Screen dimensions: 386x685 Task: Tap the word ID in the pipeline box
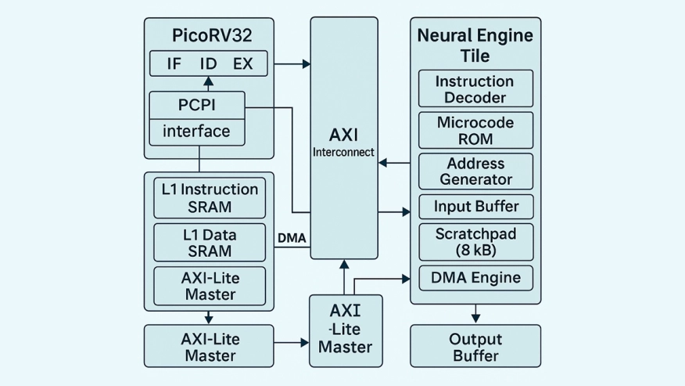pyautogui.click(x=209, y=64)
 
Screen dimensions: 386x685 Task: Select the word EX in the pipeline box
pyautogui.click(x=243, y=64)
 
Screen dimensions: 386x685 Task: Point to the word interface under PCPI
pyautogui.click(x=196, y=132)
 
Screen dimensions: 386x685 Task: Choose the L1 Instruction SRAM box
pyautogui.click(x=209, y=197)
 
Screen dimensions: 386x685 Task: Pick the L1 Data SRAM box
pyautogui.click(x=209, y=243)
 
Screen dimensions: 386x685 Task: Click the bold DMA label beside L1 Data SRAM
pyautogui.click(x=292, y=237)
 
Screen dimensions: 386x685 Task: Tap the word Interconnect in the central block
pyautogui.click(x=343, y=152)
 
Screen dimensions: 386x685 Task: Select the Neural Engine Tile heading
pyautogui.click(x=475, y=45)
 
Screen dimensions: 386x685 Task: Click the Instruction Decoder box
pyautogui.click(x=475, y=89)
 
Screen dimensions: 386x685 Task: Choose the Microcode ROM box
pyautogui.click(x=475, y=131)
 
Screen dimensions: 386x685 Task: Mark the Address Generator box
pyautogui.click(x=475, y=171)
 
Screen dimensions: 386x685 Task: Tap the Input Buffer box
pyautogui.click(x=475, y=207)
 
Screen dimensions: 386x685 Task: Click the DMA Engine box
pyautogui.click(x=475, y=277)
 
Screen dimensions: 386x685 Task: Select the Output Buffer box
pyautogui.click(x=475, y=347)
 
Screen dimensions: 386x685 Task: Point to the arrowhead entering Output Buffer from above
pyautogui.click(x=475, y=317)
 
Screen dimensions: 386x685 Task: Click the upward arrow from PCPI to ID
pyautogui.click(x=209, y=84)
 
